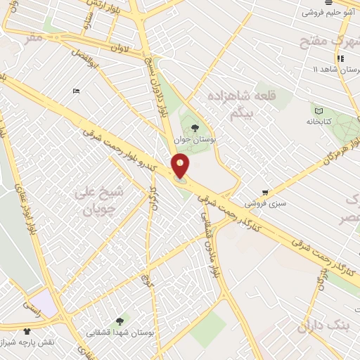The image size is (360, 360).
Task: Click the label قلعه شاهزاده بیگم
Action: click(x=245, y=102)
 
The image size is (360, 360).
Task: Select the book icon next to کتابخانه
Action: click(x=320, y=111)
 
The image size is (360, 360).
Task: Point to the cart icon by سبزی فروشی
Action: click(x=265, y=191)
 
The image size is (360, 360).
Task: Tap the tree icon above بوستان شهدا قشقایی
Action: click(x=127, y=320)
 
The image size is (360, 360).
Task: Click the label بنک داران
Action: click(x=323, y=326)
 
